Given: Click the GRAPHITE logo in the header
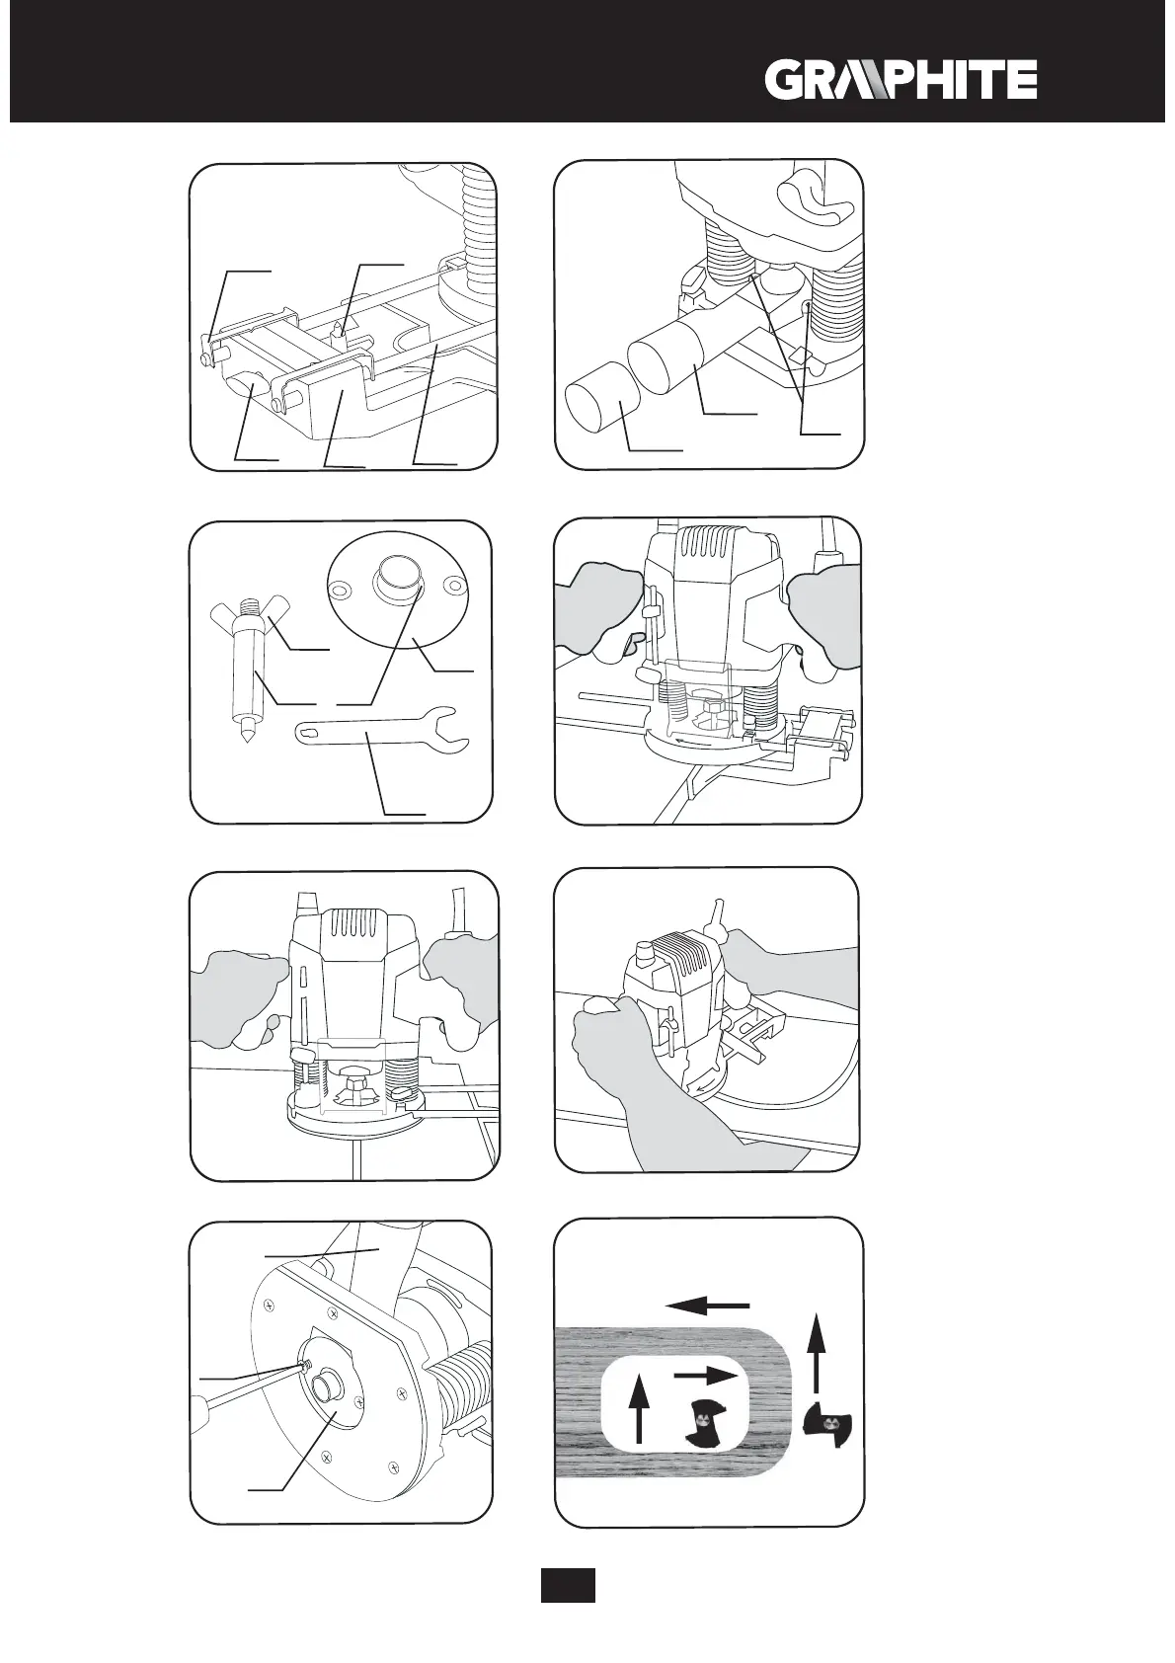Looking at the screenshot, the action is click(x=901, y=80).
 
